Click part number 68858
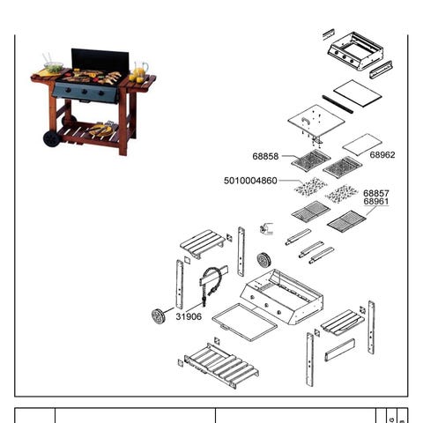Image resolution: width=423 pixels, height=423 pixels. point(265,156)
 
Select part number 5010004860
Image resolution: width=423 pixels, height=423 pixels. point(250,181)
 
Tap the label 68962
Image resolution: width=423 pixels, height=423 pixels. point(382,155)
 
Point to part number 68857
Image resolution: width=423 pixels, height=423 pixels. point(376,193)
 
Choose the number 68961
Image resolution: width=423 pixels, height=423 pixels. point(376,202)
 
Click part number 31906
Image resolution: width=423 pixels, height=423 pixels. point(189,316)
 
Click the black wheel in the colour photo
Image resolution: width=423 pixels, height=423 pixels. point(51,139)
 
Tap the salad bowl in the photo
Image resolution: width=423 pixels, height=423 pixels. point(53,67)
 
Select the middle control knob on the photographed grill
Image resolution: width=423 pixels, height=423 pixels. point(85,92)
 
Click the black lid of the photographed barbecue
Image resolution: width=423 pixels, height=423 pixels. point(100,61)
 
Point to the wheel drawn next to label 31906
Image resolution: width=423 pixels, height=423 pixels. point(159,315)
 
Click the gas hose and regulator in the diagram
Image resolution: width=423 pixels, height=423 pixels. point(212,282)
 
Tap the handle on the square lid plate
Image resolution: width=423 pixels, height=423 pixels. point(305,120)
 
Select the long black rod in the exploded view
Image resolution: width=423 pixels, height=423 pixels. point(338,104)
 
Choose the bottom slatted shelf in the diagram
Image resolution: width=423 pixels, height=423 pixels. point(222,366)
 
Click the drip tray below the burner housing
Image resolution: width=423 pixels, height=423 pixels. point(244,323)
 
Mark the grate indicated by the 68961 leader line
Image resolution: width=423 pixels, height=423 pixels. point(346,221)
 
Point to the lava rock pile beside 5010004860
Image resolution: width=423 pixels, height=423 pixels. point(310,186)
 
